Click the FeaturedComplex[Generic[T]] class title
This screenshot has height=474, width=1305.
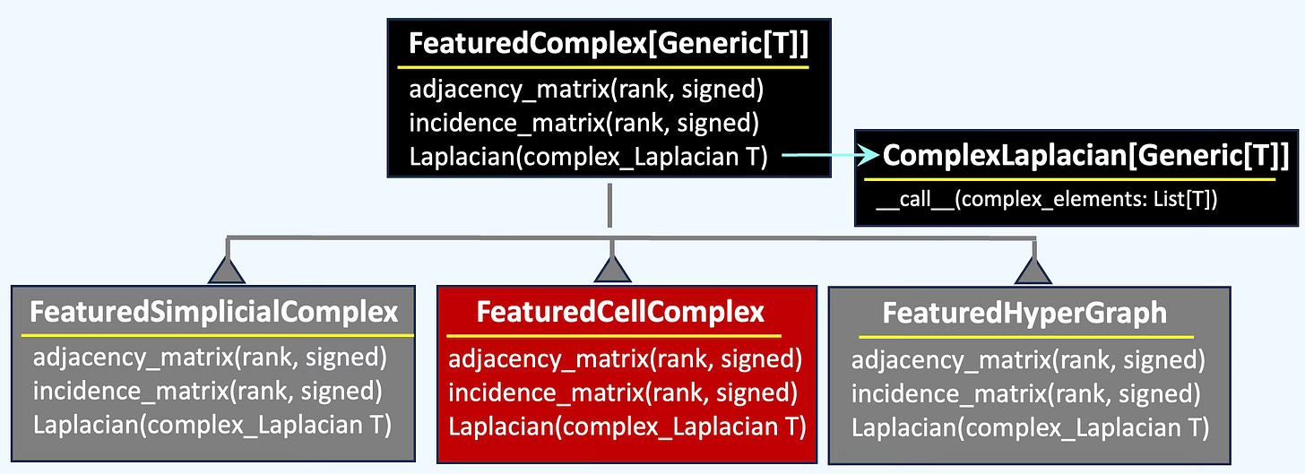[609, 44]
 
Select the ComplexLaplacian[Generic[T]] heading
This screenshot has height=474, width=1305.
[1086, 156]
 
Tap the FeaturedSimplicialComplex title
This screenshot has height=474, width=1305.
[214, 312]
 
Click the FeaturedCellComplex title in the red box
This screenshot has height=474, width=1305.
[620, 312]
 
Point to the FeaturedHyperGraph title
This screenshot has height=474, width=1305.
[1024, 314]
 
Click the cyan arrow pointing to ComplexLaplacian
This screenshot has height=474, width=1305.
[830, 155]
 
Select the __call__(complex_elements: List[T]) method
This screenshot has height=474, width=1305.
[1046, 199]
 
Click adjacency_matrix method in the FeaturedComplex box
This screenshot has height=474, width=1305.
[586, 89]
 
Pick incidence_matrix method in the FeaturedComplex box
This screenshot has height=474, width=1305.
[583, 123]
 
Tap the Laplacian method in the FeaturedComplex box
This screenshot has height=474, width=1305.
[588, 157]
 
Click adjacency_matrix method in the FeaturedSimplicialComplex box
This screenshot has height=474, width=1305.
[210, 357]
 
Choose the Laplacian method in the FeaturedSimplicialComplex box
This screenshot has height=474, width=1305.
[212, 425]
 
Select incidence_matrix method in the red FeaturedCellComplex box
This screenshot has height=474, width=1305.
[623, 392]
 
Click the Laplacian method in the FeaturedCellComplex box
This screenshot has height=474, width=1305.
[627, 427]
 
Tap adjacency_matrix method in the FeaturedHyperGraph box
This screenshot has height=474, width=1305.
[1028, 359]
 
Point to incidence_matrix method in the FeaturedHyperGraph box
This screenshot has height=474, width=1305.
[1026, 393]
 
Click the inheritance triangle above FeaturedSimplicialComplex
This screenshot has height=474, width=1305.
[227, 271]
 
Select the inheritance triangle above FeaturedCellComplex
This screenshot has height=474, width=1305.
[612, 271]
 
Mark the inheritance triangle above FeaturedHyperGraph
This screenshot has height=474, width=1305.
[1033, 271]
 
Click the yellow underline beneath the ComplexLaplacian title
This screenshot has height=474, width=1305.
[1069, 179]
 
